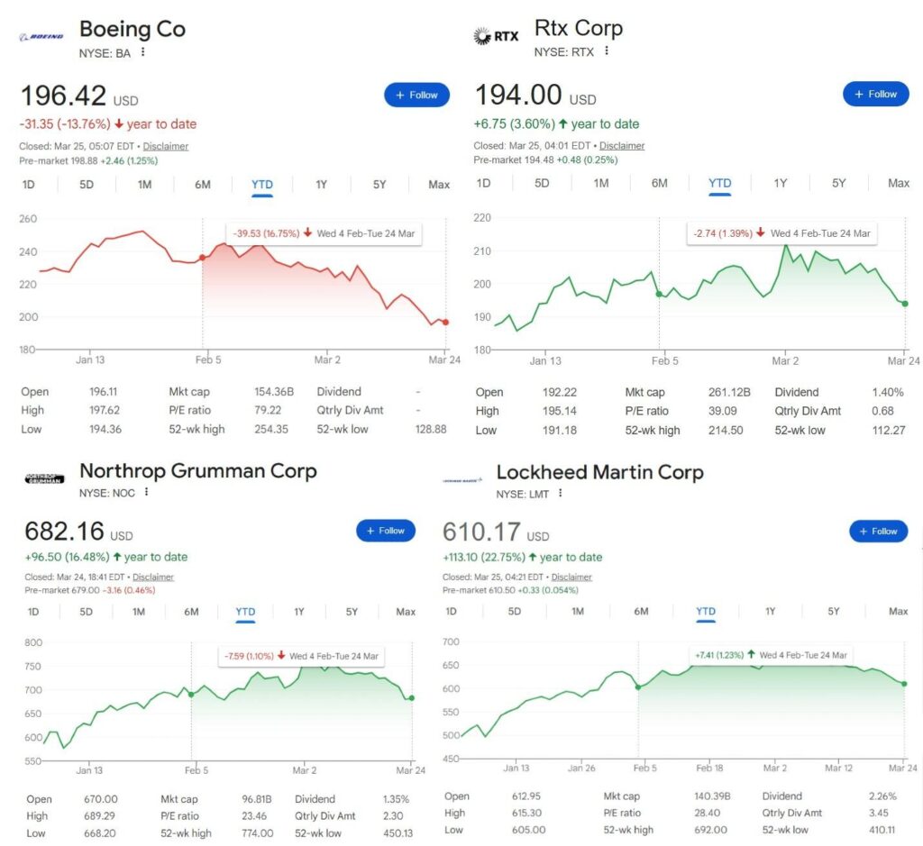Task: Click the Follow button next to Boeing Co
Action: pos(416,95)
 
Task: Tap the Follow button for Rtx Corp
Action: pos(875,94)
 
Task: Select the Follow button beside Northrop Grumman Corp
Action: pos(385,531)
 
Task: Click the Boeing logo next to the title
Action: pos(41,37)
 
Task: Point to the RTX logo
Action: pos(495,37)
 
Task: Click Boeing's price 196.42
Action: pos(63,96)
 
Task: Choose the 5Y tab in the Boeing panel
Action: pos(379,185)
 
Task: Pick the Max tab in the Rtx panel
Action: pos(898,183)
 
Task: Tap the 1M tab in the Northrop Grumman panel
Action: pos(139,612)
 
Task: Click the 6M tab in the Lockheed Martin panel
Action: pos(641,612)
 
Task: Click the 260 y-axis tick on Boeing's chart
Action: pos(29,219)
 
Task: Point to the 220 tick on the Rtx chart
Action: pos(483,218)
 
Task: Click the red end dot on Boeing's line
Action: pos(444,322)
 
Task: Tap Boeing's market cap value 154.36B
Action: pos(274,392)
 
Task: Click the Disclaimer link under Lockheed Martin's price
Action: pos(571,578)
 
